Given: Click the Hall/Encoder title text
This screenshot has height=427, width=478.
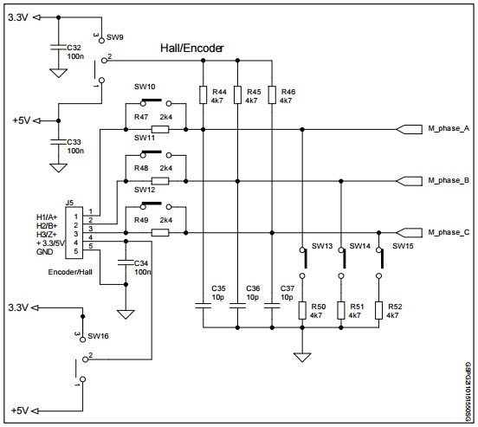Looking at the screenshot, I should pos(191,49).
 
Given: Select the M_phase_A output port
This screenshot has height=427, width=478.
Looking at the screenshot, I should pos(406,129).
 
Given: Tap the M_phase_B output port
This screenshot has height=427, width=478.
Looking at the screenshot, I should pos(406,181).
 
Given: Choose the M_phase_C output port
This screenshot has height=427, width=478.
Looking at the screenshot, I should pos(406,232).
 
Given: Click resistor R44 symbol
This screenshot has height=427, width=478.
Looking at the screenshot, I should pos(203,95).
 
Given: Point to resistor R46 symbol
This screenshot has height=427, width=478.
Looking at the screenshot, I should pos(272,95).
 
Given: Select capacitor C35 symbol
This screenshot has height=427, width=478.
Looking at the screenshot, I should pos(203,305).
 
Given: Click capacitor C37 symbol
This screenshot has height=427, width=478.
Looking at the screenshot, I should pos(272,305).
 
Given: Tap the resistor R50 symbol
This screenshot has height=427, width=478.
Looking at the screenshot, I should pos(302,310).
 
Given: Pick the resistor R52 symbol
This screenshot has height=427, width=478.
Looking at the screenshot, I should pos(379,310).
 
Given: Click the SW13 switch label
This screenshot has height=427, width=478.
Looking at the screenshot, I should pos(324,246).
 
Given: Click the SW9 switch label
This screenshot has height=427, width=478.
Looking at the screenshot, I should pos(114,38).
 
